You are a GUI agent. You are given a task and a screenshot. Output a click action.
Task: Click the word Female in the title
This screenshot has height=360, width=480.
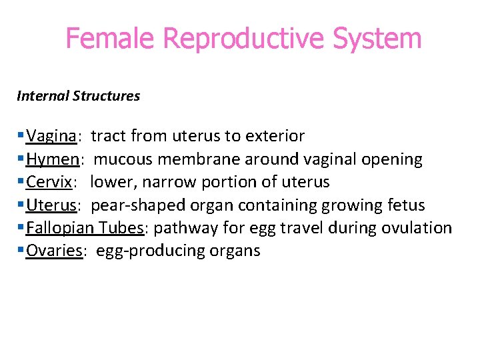(x=111, y=39)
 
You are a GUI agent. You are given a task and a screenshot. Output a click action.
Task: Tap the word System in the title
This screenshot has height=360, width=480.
(x=377, y=39)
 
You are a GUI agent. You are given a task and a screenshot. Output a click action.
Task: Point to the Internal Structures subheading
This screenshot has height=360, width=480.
(x=78, y=96)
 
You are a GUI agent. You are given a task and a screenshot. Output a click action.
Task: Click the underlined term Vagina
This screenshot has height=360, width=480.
(x=51, y=137)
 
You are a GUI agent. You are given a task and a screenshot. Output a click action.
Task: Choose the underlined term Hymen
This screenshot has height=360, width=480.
(x=53, y=159)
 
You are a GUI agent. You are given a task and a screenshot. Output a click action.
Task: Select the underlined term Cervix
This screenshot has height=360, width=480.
(x=49, y=182)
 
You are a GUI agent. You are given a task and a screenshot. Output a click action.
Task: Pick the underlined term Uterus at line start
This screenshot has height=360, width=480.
(x=50, y=205)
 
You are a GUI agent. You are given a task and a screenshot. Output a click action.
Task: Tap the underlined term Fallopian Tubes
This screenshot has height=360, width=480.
(x=85, y=228)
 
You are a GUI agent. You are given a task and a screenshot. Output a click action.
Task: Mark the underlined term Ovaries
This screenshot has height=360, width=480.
(x=54, y=251)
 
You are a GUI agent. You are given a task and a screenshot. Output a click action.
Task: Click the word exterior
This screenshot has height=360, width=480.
(x=275, y=137)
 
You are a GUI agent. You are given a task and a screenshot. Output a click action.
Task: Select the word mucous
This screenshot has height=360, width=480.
(x=123, y=159)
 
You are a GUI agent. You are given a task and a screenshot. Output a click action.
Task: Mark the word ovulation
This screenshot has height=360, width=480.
(x=417, y=228)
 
